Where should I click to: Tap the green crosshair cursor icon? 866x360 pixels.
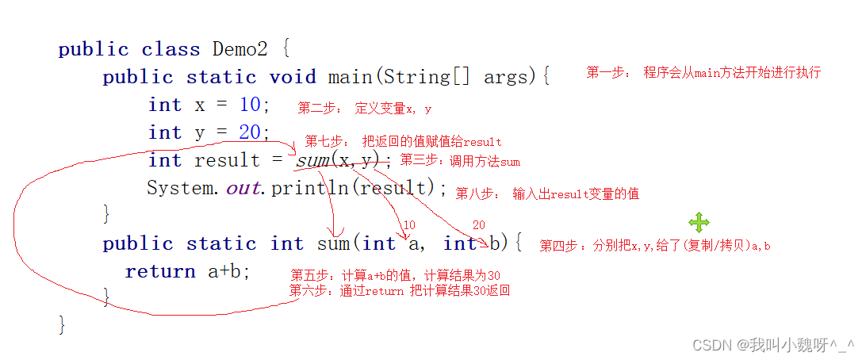699,222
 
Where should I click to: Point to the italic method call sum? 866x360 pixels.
312,160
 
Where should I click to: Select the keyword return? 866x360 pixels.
160,271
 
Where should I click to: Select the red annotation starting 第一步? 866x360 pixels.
703,73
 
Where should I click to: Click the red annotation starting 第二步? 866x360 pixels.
365,109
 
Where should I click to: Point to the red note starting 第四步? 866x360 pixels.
655,246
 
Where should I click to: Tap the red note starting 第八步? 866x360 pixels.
547,193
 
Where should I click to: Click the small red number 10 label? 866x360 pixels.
409,225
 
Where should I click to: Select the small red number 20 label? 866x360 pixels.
478,225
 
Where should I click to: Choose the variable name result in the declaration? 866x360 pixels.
227,160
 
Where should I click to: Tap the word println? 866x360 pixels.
311,189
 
